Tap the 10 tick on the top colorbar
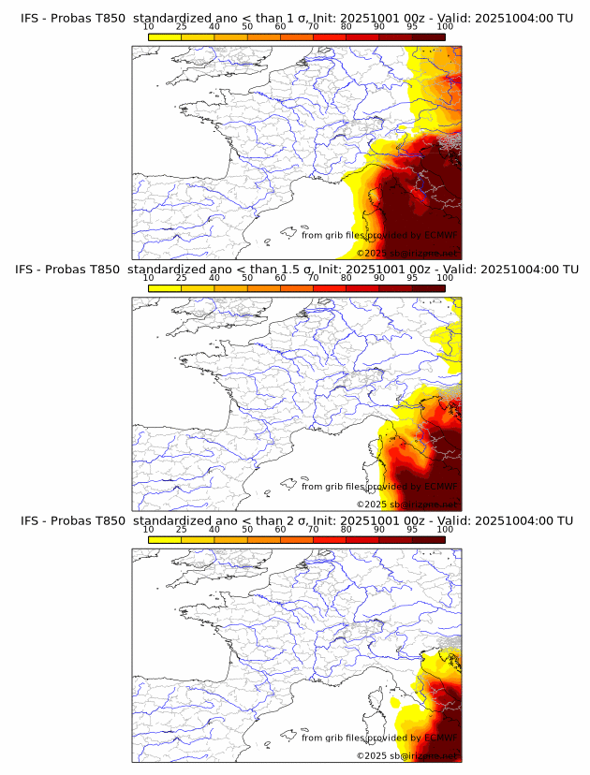[x=149, y=26]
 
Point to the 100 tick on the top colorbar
[x=445, y=26]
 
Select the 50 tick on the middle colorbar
[x=247, y=278]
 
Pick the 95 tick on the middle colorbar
[x=412, y=278]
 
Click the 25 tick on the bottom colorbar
[x=182, y=530]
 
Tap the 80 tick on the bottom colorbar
[x=347, y=530]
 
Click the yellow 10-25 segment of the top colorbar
[x=165, y=37]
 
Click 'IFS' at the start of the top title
[x=30, y=17]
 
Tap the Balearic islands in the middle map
[x=291, y=484]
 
